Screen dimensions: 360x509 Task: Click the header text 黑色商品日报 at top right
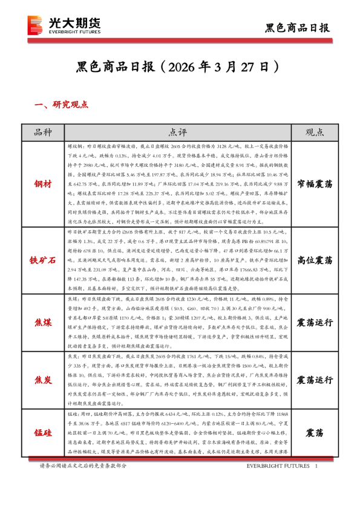click(x=298, y=27)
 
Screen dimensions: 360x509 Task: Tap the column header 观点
click(x=315, y=132)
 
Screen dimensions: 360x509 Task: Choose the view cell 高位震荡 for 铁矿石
click(x=315, y=261)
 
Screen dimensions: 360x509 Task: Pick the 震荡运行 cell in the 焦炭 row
click(x=315, y=380)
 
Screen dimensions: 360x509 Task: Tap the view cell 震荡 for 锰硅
click(x=315, y=433)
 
